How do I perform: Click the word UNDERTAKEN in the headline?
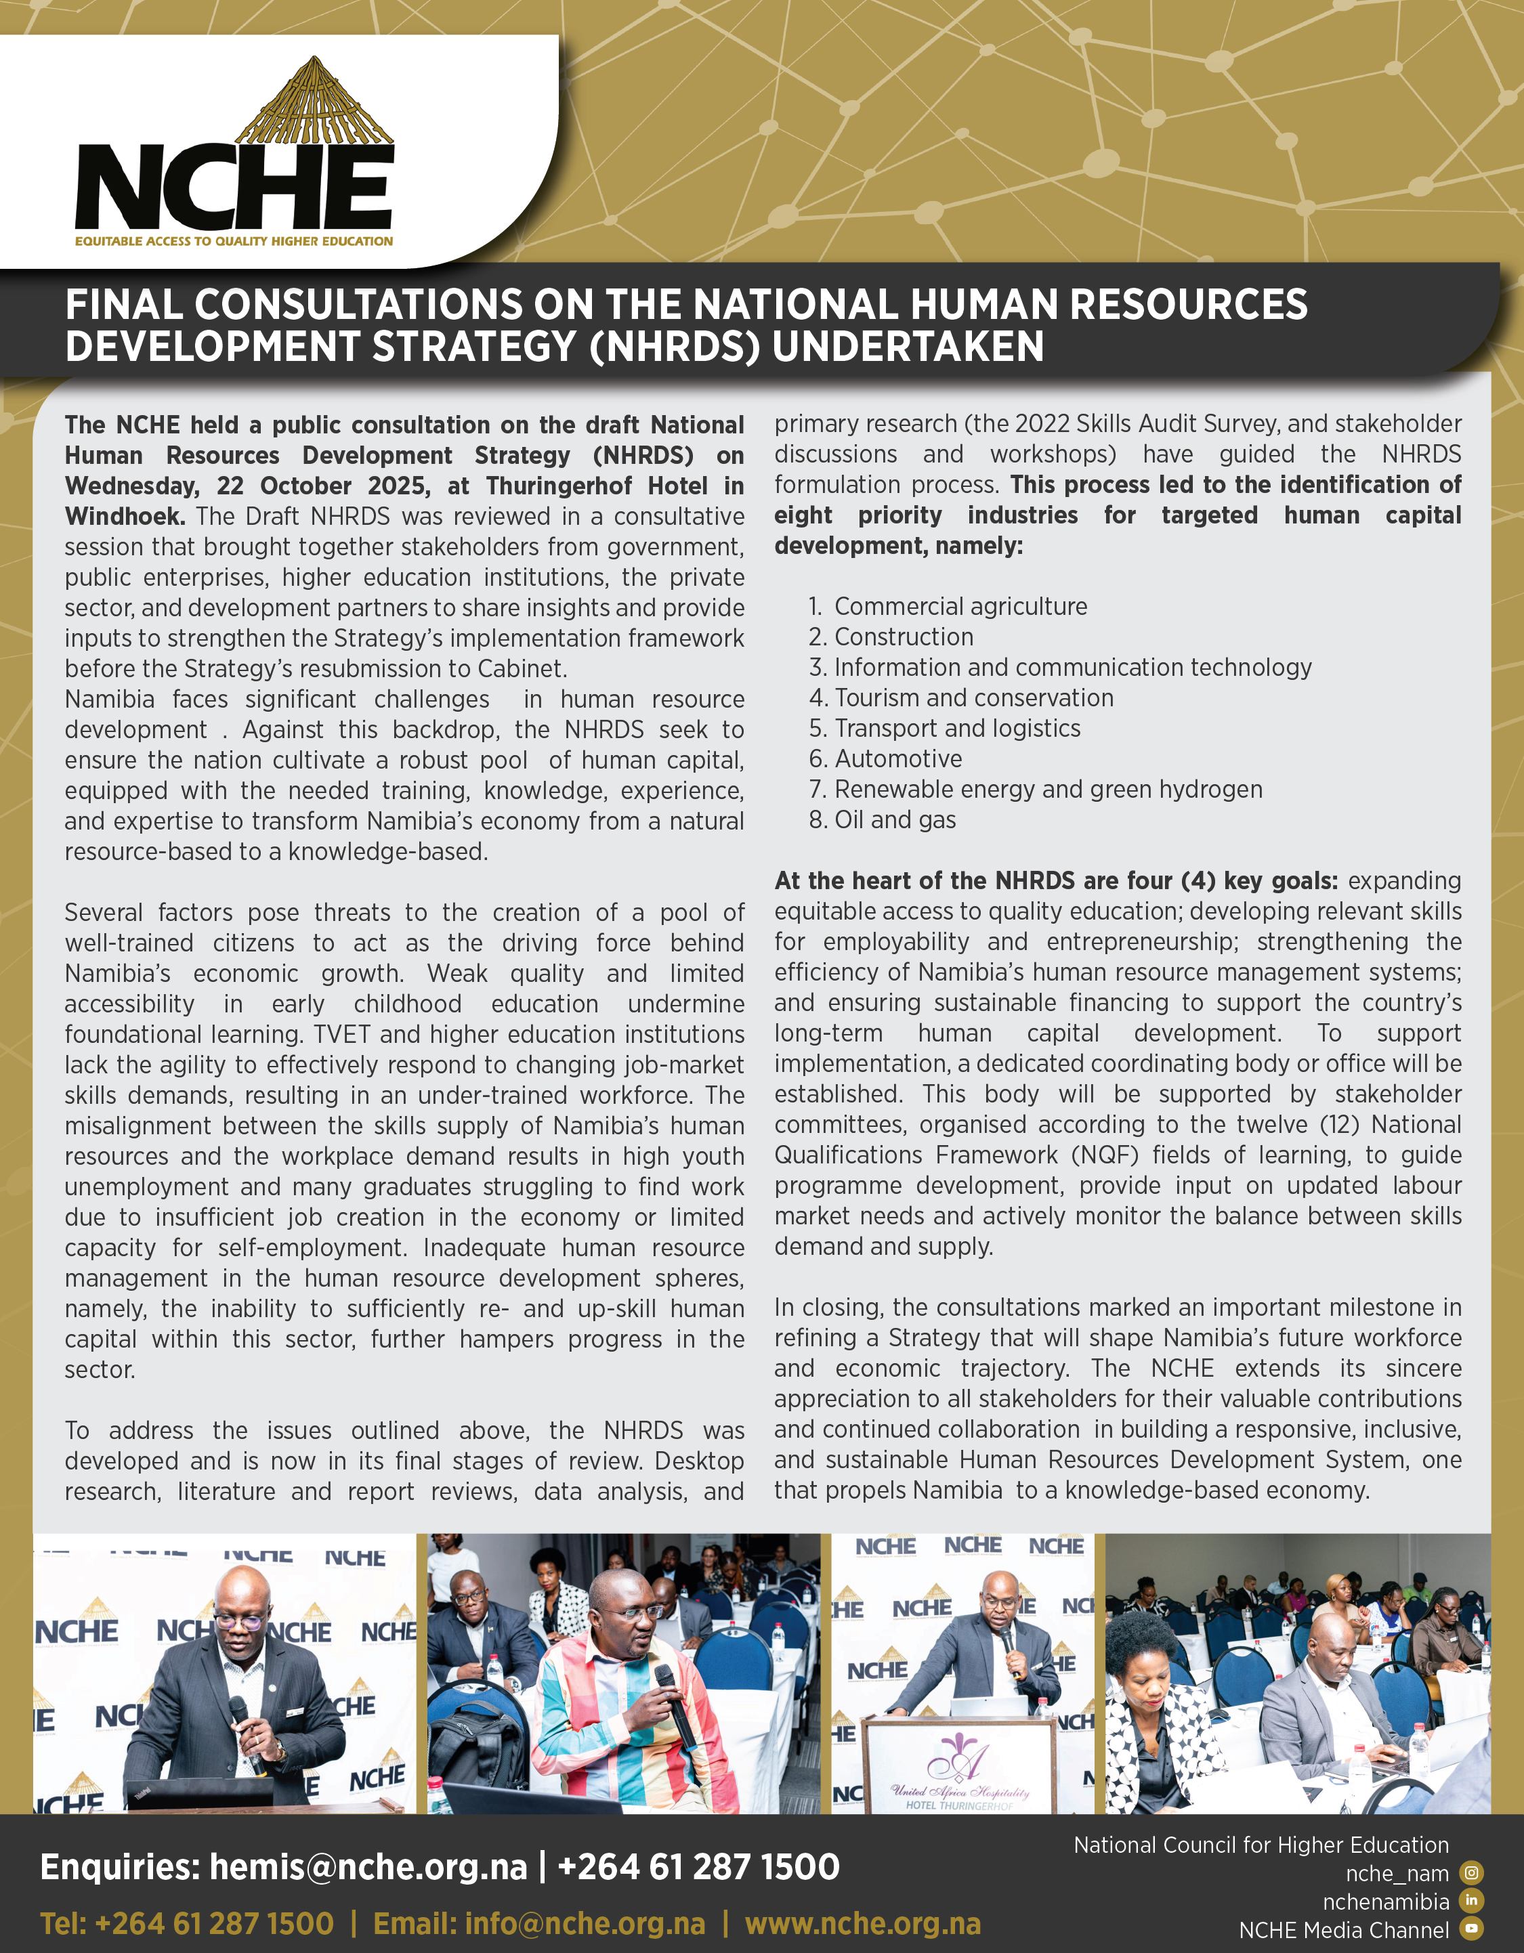(907, 346)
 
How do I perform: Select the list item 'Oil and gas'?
(894, 820)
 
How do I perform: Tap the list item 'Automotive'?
(898, 759)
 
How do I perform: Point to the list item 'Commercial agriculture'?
(960, 606)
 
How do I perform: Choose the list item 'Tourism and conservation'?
(974, 697)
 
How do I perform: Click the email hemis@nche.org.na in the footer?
(368, 1867)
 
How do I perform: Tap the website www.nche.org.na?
(862, 1923)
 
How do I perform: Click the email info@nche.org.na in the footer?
(538, 1923)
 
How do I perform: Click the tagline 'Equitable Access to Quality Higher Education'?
(234, 240)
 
